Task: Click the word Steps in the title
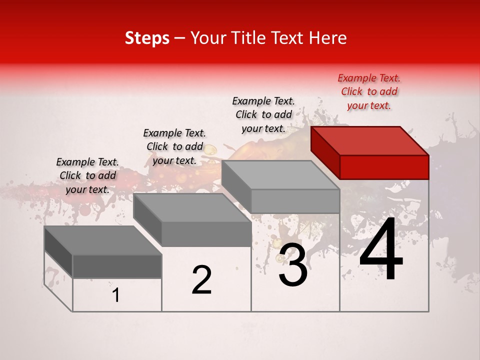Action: [x=147, y=38]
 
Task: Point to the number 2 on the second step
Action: [x=202, y=279]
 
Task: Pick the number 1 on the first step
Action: [x=116, y=295]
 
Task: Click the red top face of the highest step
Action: [x=370, y=140]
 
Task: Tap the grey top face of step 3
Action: [x=280, y=174]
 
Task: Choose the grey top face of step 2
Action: [x=192, y=207]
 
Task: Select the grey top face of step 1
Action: [x=103, y=240]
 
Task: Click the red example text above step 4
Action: [x=369, y=91]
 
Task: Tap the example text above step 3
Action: [x=263, y=114]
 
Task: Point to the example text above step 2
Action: [x=174, y=146]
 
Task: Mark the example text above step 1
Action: [x=87, y=175]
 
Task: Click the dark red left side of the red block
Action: [x=325, y=153]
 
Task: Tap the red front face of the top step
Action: [x=384, y=167]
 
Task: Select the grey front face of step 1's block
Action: [x=117, y=266]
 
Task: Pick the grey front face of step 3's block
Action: [x=295, y=201]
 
